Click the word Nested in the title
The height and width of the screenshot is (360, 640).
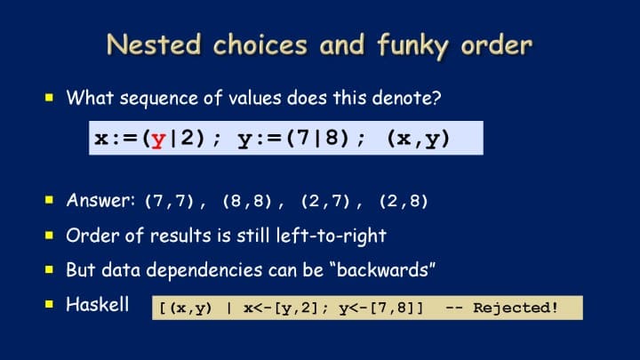click(x=154, y=44)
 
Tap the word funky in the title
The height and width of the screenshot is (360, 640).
click(x=413, y=45)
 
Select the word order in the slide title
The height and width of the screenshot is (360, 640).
click(x=497, y=44)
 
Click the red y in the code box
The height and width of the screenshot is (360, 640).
click(x=158, y=140)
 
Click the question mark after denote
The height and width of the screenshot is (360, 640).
click(x=436, y=98)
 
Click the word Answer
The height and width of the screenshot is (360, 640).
click(x=100, y=200)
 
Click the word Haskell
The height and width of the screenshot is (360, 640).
click(x=98, y=305)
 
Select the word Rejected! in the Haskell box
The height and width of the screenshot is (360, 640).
click(x=516, y=308)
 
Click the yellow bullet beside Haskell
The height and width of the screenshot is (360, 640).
click(x=50, y=304)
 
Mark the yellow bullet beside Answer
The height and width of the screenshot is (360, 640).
click(x=50, y=200)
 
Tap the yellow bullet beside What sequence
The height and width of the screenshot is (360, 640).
click(x=50, y=97)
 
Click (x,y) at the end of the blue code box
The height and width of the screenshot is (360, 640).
click(x=419, y=139)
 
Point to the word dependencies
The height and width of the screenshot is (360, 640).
click(x=204, y=270)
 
